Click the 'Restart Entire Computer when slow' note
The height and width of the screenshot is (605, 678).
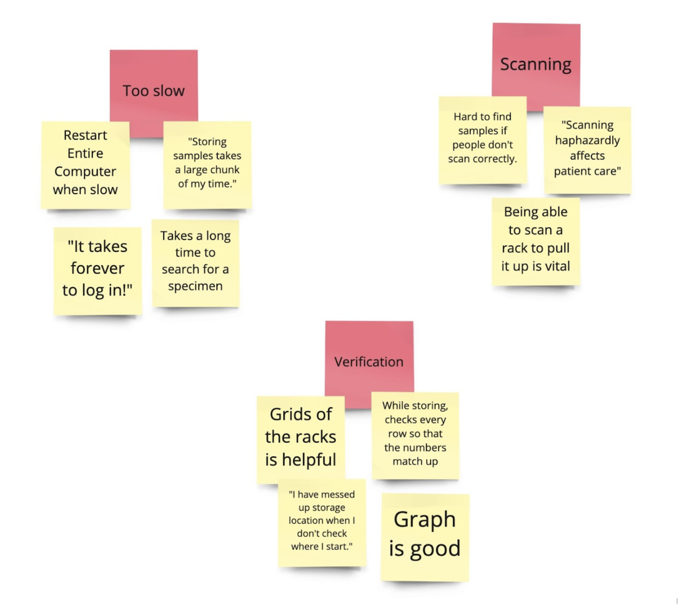pyautogui.click(x=85, y=165)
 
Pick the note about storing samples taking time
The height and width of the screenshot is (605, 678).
pyautogui.click(x=207, y=165)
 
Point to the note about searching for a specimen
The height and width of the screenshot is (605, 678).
pyautogui.click(x=195, y=263)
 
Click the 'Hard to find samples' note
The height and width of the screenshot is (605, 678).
pyautogui.click(x=482, y=139)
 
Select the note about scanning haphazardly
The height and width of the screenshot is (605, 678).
pyautogui.click(x=587, y=150)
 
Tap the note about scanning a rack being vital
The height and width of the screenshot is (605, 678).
pyautogui.click(x=535, y=241)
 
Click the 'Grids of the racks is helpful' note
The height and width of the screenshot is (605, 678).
pyautogui.click(x=300, y=439)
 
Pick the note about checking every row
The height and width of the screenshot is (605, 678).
pyautogui.click(x=415, y=435)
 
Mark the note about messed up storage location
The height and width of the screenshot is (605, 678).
pyautogui.click(x=322, y=522)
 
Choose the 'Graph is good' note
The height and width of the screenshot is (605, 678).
pyautogui.click(x=425, y=536)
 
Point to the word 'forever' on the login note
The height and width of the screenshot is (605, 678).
pyautogui.click(x=97, y=269)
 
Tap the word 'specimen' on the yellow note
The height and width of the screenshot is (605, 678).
pyautogui.click(x=195, y=286)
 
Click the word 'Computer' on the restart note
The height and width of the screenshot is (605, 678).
pyautogui.click(x=85, y=172)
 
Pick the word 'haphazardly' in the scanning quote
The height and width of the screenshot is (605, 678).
pyautogui.click(x=587, y=141)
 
